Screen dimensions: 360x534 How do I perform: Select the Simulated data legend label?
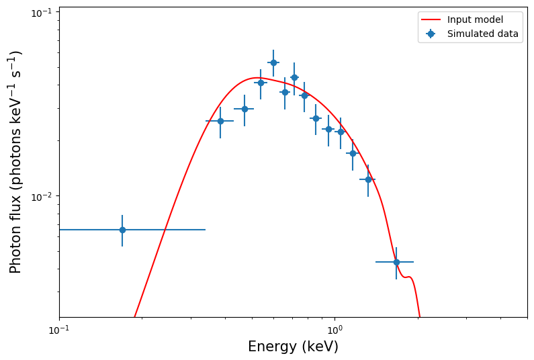[x=483, y=34]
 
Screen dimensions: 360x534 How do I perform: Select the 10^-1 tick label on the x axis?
[x=59, y=330]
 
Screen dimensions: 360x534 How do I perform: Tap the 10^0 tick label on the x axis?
[x=335, y=330]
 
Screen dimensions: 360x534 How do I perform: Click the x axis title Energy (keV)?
[x=293, y=347]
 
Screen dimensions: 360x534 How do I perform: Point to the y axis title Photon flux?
[x=15, y=162]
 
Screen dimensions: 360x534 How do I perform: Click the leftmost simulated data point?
[x=122, y=230]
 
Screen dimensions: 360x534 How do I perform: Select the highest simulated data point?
[x=273, y=62]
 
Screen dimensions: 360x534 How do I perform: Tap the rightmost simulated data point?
[x=396, y=262]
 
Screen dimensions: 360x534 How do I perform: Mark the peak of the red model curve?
[x=254, y=78]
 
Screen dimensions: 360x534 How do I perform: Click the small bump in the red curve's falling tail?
[x=407, y=277]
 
